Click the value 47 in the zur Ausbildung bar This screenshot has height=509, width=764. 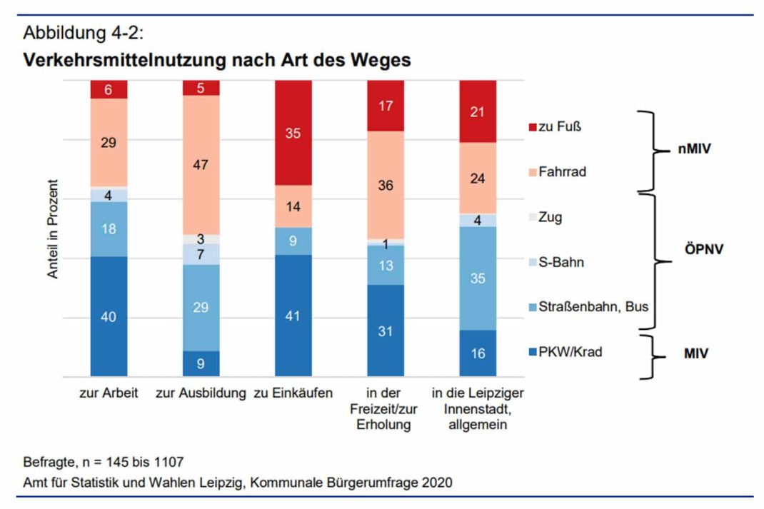[x=201, y=163]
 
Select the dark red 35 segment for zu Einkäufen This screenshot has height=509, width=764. [x=293, y=132]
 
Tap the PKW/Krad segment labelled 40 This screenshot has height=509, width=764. [x=109, y=317]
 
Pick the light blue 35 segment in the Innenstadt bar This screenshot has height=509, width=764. [x=478, y=278]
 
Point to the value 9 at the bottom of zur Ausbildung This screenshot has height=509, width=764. [x=201, y=363]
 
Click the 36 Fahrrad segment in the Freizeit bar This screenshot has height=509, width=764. [x=386, y=185]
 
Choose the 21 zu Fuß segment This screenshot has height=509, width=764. [x=478, y=111]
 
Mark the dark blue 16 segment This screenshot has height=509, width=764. [x=478, y=353]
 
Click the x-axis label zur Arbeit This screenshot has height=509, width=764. [x=109, y=393]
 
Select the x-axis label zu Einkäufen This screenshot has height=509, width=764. [x=293, y=393]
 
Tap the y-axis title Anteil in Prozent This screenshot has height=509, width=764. [x=54, y=228]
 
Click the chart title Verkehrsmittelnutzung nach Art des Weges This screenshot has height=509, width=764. [x=217, y=60]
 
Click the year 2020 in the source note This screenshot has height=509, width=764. [x=436, y=483]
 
